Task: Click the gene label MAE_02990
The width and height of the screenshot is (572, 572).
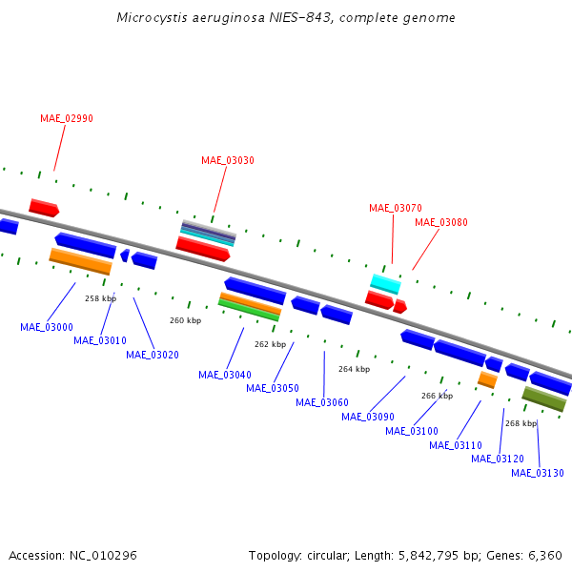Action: pos(67,118)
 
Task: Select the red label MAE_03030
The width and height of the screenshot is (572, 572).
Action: pos(228,160)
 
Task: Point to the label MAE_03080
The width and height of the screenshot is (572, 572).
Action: pos(441,222)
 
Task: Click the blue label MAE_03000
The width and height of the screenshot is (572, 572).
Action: pos(47,327)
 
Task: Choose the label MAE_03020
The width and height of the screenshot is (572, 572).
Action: pos(153,355)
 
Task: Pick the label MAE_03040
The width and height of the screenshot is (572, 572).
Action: pos(225,375)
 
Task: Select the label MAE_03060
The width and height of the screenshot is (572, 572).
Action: pos(322,402)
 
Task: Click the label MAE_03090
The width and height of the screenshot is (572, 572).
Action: pos(368,417)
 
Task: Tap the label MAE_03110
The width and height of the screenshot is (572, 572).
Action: pos(456,445)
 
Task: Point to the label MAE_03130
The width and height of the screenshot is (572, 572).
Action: pos(538,473)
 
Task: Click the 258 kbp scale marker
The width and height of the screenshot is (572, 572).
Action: pos(100,298)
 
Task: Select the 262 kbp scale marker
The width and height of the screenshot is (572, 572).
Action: pos(270,344)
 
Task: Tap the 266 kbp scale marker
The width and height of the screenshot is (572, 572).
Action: pos(437,396)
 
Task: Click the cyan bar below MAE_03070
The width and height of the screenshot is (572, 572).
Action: pos(386,283)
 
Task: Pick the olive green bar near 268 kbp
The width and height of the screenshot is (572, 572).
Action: pos(544,398)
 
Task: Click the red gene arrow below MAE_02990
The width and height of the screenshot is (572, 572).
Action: pos(44,207)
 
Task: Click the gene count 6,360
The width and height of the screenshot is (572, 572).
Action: pos(544,555)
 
